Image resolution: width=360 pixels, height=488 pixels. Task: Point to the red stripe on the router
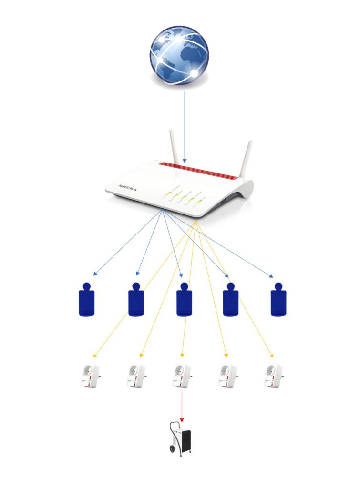point(198,171)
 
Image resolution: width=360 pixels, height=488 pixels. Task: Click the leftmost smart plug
point(90,376)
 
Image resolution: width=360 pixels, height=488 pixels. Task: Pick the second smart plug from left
point(136,376)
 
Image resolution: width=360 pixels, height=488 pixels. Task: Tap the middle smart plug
point(182,376)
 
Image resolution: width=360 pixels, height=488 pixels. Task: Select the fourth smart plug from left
point(228,376)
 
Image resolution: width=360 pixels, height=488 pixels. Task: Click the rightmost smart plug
point(274,376)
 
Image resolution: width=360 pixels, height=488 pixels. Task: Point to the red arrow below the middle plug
point(182,405)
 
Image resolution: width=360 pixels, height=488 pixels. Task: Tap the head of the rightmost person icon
point(278,287)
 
